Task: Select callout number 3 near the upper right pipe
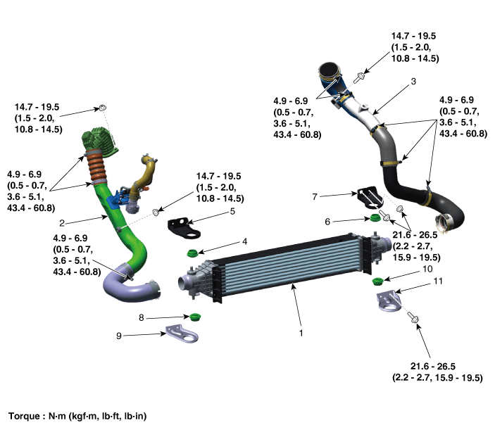pyautogui.click(x=413, y=82)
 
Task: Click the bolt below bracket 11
pyautogui.click(x=414, y=319)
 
